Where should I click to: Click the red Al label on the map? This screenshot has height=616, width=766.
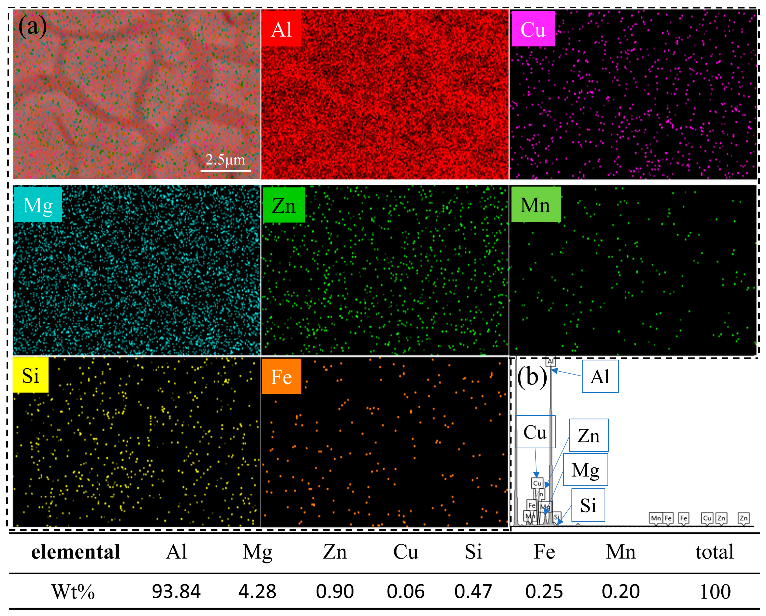point(281,28)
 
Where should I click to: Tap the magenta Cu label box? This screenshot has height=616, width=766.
point(533,29)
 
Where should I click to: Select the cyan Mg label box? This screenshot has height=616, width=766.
point(38,205)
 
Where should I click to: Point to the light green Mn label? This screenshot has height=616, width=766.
point(536,205)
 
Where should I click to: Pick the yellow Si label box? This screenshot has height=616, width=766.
point(31,375)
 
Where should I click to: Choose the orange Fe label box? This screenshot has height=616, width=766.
point(281,376)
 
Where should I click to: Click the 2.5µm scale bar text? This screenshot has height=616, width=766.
point(225,160)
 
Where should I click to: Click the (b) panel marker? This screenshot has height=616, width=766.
point(532,377)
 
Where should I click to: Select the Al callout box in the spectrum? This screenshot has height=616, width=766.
point(600,376)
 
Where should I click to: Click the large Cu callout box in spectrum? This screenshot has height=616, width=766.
point(535,432)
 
